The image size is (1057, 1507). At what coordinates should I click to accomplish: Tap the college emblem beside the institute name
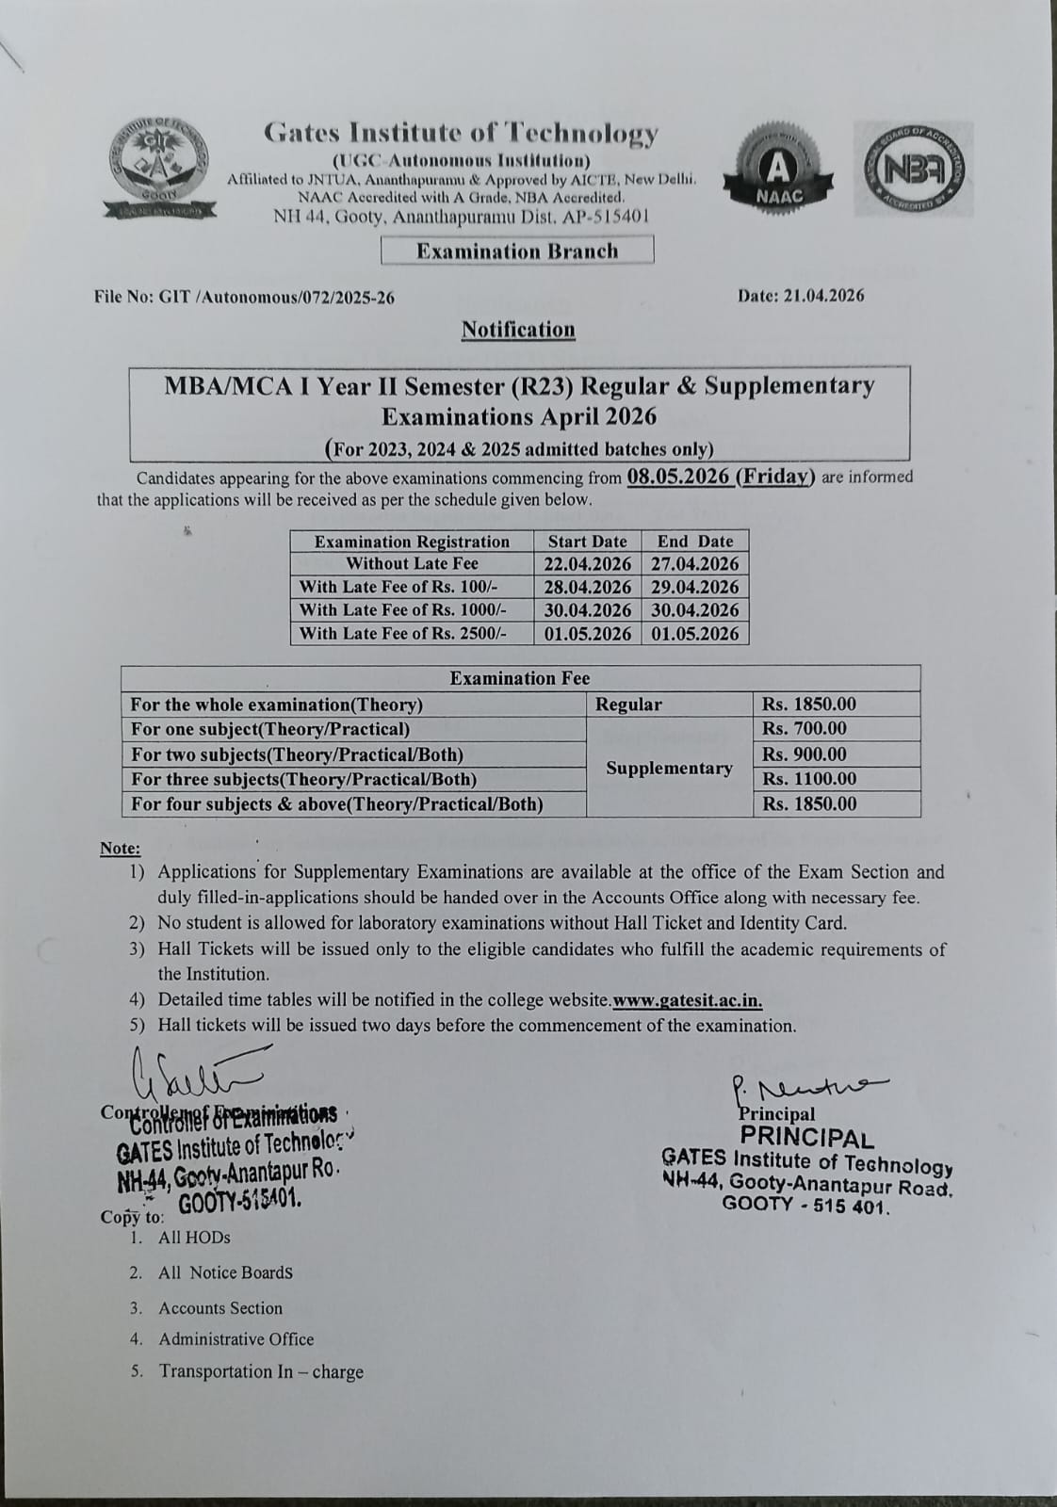click(161, 169)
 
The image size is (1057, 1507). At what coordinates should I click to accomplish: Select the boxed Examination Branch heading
click(517, 251)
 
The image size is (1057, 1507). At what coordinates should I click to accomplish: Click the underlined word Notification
click(518, 330)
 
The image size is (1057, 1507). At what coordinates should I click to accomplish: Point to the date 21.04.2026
click(801, 296)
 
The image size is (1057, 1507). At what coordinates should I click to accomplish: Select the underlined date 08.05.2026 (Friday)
click(721, 476)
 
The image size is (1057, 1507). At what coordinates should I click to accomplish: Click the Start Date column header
click(587, 542)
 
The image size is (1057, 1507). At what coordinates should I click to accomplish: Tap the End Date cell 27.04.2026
click(695, 564)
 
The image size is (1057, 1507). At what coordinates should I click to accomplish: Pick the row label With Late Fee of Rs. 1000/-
click(402, 610)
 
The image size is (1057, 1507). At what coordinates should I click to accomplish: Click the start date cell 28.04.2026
click(588, 587)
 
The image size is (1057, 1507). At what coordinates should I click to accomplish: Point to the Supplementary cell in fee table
click(669, 768)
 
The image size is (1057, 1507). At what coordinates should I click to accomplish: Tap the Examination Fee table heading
click(520, 678)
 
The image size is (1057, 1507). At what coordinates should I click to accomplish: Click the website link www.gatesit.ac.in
click(688, 1000)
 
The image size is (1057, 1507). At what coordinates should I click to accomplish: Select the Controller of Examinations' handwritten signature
click(193, 1070)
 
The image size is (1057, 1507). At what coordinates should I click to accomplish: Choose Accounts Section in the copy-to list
click(220, 1308)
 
